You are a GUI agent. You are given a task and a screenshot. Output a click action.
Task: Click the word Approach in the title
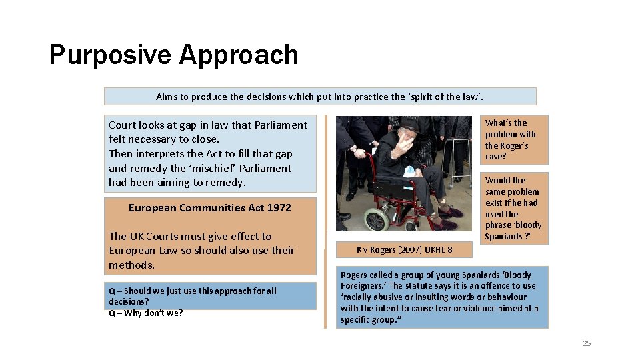(x=238, y=55)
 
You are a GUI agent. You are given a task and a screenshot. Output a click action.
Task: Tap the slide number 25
(x=587, y=343)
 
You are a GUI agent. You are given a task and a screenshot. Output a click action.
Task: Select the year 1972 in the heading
(x=279, y=207)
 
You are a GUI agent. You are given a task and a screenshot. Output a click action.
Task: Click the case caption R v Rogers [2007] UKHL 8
(x=404, y=250)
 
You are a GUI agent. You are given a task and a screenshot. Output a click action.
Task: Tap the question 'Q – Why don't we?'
(x=145, y=313)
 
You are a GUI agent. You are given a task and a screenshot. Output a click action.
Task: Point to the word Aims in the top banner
(x=167, y=97)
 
